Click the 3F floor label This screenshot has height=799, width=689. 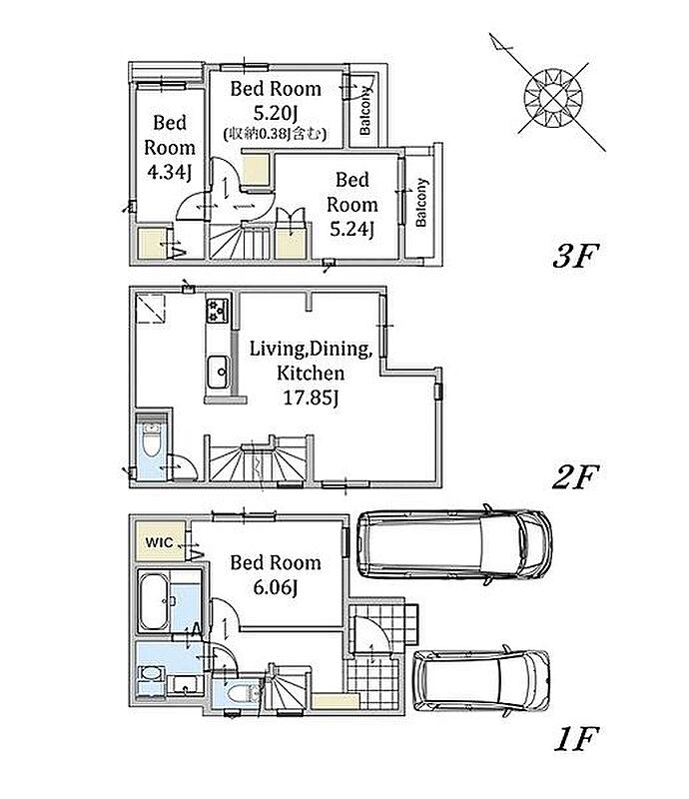pyautogui.click(x=573, y=256)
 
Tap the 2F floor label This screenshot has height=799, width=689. pyautogui.click(x=573, y=477)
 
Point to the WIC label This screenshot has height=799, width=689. pyautogui.click(x=159, y=542)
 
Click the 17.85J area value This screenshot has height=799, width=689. pyautogui.click(x=311, y=397)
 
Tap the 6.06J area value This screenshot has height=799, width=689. pyautogui.click(x=276, y=587)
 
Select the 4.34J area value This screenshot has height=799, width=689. pyautogui.click(x=169, y=172)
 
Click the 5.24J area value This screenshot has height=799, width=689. pyautogui.click(x=351, y=229)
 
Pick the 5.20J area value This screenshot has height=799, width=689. pyautogui.click(x=276, y=112)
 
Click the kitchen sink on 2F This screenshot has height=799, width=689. pyautogui.click(x=218, y=372)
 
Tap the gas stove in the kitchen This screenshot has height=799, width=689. pyautogui.click(x=218, y=311)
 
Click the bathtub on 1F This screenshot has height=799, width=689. pyautogui.click(x=155, y=602)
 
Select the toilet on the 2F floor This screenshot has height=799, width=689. pyautogui.click(x=152, y=441)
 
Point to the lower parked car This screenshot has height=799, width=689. pyautogui.click(x=481, y=681)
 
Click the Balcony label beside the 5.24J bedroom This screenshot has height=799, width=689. pyautogui.click(x=421, y=203)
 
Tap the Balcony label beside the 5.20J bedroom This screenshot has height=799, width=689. pyautogui.click(x=364, y=111)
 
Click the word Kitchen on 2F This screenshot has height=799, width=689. pyautogui.click(x=311, y=373)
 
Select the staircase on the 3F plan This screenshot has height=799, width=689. pyautogui.click(x=240, y=242)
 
